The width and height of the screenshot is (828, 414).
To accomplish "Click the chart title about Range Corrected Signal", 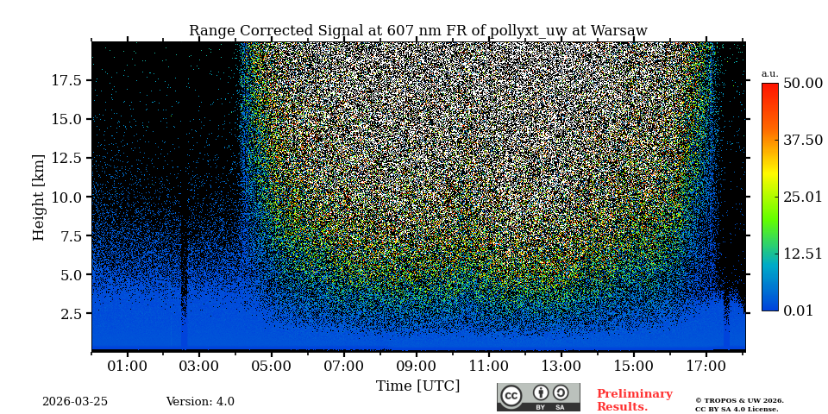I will (x=418, y=31).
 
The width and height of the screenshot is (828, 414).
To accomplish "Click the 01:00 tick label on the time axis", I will (x=128, y=367).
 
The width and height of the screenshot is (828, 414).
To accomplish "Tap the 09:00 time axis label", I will (x=416, y=367).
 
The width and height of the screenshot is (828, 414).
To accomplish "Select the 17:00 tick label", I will (x=706, y=367).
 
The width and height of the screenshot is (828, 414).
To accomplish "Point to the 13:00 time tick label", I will (x=561, y=367).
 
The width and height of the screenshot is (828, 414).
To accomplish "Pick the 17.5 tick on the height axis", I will (x=66, y=80).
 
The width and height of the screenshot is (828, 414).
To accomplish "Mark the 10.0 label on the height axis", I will (x=66, y=197).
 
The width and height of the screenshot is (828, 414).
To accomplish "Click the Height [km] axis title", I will (x=39, y=197).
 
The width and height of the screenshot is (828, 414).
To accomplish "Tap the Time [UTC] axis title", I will (x=417, y=386).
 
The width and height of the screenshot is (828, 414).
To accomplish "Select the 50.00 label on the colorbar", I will (x=802, y=83).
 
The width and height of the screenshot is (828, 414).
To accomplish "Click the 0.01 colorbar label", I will (x=798, y=310).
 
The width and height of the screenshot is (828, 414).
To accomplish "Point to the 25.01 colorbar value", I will (x=802, y=197).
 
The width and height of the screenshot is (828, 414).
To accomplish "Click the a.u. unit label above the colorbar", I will (x=769, y=74).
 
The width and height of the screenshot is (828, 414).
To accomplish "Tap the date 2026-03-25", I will (x=75, y=402).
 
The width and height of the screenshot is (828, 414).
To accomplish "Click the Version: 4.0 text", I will (x=200, y=402).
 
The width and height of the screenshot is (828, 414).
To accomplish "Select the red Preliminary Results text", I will (x=634, y=400).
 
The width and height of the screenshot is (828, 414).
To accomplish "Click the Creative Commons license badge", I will (x=538, y=397).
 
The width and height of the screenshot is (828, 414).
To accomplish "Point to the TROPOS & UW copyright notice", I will (x=739, y=405).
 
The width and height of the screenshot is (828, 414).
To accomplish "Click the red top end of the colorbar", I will (x=769, y=87).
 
